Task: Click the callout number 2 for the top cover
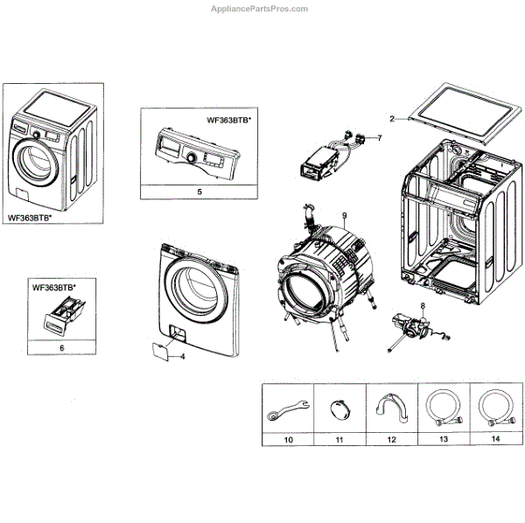click(393, 118)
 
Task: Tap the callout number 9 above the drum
click(345, 215)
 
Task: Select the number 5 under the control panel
click(199, 191)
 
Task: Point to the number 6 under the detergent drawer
click(61, 347)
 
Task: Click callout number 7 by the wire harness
click(380, 138)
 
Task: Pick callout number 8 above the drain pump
click(422, 305)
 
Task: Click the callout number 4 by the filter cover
click(183, 357)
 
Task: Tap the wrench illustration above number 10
click(289, 408)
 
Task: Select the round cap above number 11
click(338, 407)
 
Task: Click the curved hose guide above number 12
click(389, 407)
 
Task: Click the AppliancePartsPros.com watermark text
click(260, 9)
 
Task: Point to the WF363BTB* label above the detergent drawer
click(54, 287)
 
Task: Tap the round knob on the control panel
click(191, 157)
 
